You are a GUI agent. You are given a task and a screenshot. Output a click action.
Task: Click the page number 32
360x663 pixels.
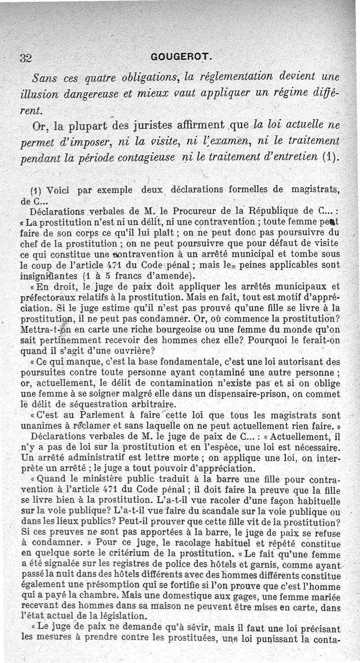click(26, 58)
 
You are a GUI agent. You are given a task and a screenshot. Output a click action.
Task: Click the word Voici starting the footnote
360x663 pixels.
click(59, 191)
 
